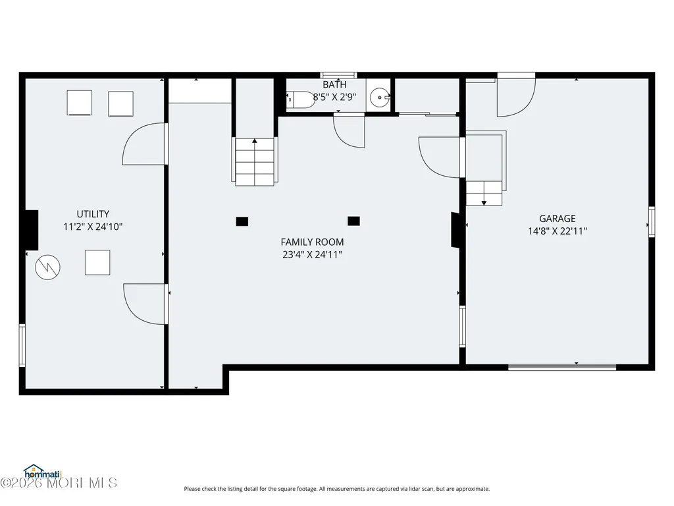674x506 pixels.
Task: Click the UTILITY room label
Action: coord(93,214)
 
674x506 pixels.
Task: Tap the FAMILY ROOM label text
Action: coord(312,242)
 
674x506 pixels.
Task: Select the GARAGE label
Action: coord(557,219)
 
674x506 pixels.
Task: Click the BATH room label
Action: coord(334,84)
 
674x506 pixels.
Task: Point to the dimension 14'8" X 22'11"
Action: coord(557,231)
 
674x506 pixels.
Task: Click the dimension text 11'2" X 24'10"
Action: coord(93,227)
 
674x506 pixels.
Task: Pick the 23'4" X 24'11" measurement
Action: coord(312,254)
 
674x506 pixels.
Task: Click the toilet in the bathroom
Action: coord(301,99)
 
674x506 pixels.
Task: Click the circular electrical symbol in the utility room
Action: coord(47,267)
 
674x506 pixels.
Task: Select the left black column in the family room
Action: coord(242,221)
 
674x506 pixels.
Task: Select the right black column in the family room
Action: coord(353,221)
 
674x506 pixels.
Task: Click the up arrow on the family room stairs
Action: coord(255,141)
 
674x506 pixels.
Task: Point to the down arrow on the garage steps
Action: coord(484,203)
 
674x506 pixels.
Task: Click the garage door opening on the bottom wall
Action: coord(562,367)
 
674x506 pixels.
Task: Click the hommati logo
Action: coord(43,472)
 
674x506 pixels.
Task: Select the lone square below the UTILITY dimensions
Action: coord(97,262)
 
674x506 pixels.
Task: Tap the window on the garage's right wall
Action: coord(652,221)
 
